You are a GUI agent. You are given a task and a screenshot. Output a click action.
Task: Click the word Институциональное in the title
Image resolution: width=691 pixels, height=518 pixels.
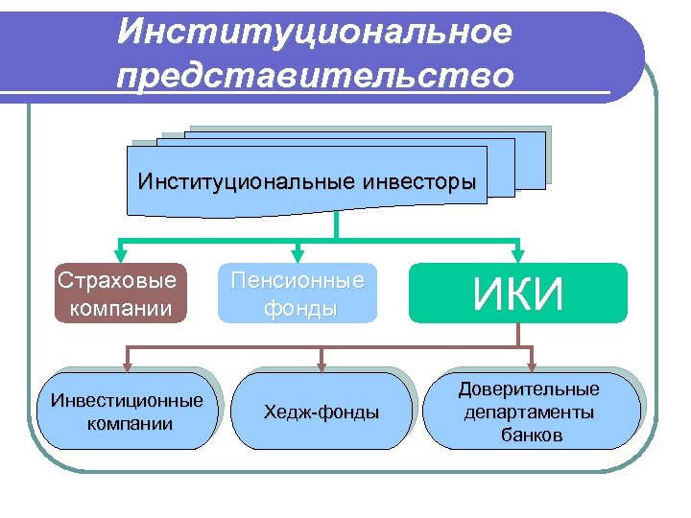[x=315, y=32]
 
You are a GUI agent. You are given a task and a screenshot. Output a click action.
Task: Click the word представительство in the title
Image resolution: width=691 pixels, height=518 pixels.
[x=315, y=75]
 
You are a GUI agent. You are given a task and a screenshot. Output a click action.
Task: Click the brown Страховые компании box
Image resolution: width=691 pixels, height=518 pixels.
[x=117, y=294]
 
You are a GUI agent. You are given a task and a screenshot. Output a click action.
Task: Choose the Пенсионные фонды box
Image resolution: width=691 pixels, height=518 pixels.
[x=298, y=294]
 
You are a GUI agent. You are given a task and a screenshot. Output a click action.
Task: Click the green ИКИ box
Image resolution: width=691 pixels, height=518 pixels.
[x=518, y=294]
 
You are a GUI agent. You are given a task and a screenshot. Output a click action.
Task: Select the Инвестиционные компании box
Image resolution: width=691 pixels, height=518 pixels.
[x=127, y=412]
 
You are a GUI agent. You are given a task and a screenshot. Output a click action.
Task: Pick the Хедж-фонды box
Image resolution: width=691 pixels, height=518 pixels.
[x=322, y=412]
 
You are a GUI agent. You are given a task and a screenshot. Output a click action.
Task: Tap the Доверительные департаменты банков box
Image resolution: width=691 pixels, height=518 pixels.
[x=529, y=412]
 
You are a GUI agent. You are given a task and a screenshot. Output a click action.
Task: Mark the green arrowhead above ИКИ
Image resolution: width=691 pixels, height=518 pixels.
[x=518, y=255]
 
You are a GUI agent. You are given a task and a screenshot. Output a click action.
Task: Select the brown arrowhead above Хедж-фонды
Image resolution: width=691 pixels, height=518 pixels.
[x=322, y=365]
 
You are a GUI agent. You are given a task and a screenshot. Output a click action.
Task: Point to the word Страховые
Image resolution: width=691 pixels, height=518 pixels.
[x=117, y=281]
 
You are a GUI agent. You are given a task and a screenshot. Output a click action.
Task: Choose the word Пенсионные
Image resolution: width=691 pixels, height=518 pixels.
[x=298, y=281]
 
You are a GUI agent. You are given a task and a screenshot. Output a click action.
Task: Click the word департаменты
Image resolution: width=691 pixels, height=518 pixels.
[x=529, y=412]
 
